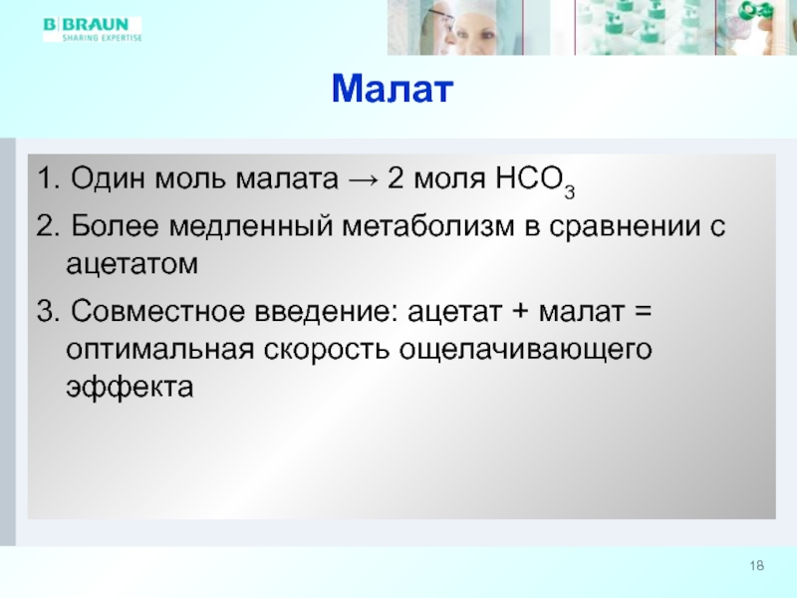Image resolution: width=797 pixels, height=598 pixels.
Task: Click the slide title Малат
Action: click(x=392, y=89)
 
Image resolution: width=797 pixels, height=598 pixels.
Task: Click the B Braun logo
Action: click(x=92, y=29)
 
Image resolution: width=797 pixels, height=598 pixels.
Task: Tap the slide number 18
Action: click(x=757, y=565)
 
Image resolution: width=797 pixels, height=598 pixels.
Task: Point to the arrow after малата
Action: click(x=363, y=179)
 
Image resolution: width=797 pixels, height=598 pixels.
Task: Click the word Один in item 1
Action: click(x=109, y=178)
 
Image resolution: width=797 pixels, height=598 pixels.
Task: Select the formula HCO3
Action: click(x=535, y=181)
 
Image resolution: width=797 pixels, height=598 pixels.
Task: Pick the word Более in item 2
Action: click(x=115, y=226)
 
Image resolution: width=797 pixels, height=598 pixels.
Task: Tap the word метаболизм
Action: click(x=428, y=226)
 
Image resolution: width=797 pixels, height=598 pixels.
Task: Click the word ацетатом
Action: click(x=132, y=264)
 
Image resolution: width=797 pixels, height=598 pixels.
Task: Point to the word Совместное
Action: click(x=158, y=311)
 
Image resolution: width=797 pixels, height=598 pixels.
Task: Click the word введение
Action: click(x=327, y=312)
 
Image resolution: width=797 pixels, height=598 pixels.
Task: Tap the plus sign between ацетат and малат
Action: click(x=520, y=312)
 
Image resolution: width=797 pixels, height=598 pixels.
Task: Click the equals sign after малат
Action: click(x=643, y=312)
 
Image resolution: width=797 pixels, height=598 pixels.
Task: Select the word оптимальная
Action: click(x=159, y=350)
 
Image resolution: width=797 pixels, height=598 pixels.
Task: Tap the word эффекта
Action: click(x=130, y=387)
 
